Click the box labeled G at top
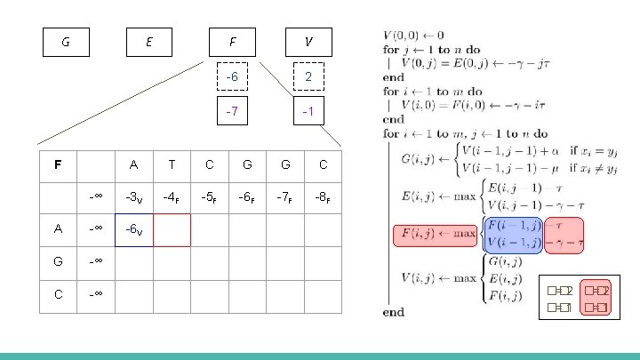tap(66, 41)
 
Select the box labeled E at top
tap(148, 41)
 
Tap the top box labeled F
tap(232, 41)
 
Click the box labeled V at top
tap(308, 41)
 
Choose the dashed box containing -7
tap(232, 112)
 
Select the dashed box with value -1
tap(308, 112)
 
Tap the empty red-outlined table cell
tap(172, 229)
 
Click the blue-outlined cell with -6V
tap(134, 229)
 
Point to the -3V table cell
tap(134, 196)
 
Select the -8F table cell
tap(323, 196)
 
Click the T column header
tap(172, 164)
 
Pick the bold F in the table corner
tap(58, 164)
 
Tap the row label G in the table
tap(58, 262)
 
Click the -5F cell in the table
tap(210, 196)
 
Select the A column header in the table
tap(134, 164)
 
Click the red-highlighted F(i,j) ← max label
tap(436, 236)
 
